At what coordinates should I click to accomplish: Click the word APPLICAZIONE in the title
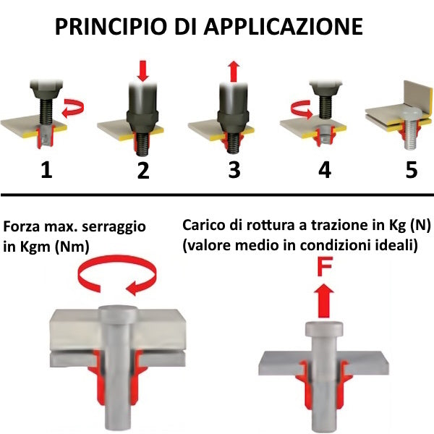283,27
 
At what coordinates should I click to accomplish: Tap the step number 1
46,169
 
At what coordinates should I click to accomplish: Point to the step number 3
234,169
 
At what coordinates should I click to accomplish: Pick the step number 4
325,169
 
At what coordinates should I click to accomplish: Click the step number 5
412,169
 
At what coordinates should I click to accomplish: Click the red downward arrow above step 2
142,71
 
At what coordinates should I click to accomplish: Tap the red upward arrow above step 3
234,72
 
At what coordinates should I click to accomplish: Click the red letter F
324,266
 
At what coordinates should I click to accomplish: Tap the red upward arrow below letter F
324,301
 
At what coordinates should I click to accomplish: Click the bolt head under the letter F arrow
324,329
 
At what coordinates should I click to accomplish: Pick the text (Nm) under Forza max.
72,247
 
